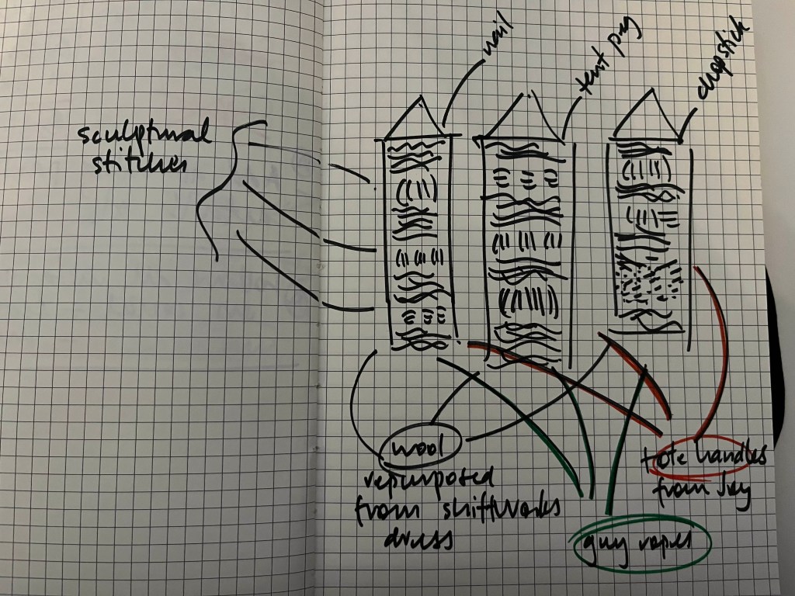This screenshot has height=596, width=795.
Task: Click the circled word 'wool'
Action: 420,448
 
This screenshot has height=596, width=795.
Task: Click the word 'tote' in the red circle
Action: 659,460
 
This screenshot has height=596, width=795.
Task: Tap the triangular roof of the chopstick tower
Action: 645,116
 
